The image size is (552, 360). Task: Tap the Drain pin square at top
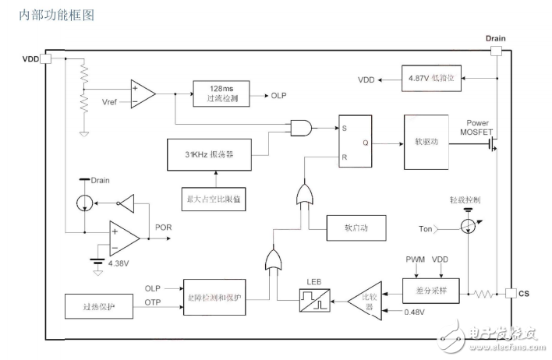pos(496,51)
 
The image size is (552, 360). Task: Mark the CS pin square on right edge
pos(510,293)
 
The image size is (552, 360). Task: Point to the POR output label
pos(164,228)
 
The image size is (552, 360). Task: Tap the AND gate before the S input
pos(301,128)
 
